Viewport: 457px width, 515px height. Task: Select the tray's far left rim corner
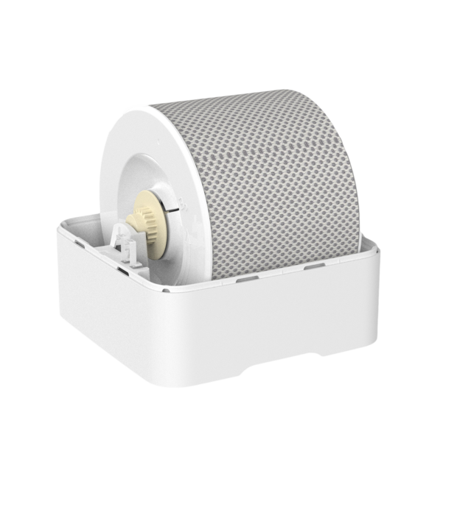[57, 227]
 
